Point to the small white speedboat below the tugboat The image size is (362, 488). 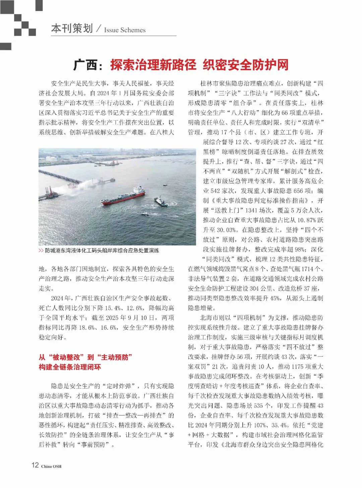pyautogui.click(x=145, y=214)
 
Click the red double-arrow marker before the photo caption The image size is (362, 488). pyautogui.click(x=41, y=251)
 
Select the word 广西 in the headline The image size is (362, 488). pyautogui.click(x=85, y=65)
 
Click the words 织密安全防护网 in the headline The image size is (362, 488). pyautogui.click(x=245, y=65)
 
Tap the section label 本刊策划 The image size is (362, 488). pyautogui.click(x=72, y=29)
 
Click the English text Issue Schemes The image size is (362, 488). pyautogui.click(x=125, y=30)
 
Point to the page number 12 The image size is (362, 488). pyautogui.click(x=35, y=465)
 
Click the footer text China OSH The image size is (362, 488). pyautogui.click(x=51, y=466)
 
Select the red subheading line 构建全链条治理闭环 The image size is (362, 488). pyautogui.click(x=70, y=367)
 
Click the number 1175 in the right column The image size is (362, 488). pyautogui.click(x=299, y=367)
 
